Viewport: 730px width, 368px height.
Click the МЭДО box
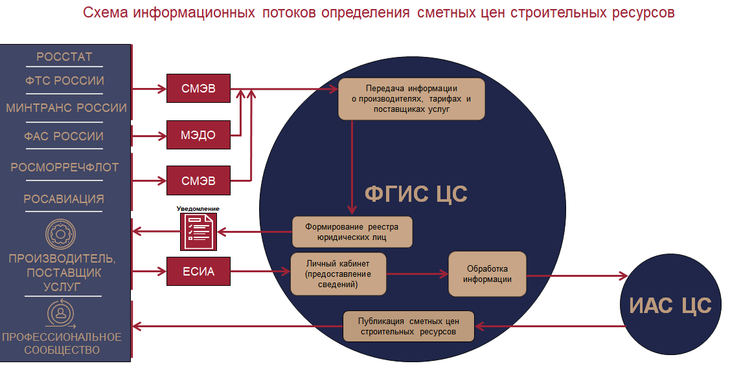pos(200,135)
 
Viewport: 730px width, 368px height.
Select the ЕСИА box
pos(200,272)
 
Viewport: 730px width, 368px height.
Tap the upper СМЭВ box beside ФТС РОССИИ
pos(200,88)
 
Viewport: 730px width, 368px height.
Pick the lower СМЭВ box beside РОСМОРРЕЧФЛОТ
pos(200,180)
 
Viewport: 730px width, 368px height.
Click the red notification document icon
pos(198,232)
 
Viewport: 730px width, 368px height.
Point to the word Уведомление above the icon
pos(198,209)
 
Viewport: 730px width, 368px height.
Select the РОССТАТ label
pos(64,57)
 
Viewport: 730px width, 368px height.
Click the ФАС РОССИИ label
pos(64,136)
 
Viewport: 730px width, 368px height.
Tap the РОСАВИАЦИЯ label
pos(64,199)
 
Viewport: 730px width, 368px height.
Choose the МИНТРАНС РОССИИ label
pos(66,108)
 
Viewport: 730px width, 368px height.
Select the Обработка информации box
pos(487,274)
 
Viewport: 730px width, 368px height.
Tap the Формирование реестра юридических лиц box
pos(352,232)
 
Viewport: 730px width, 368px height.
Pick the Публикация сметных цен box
pos(409,326)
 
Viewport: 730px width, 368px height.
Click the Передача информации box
pos(411,99)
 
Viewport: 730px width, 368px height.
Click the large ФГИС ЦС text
pos(416,193)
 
